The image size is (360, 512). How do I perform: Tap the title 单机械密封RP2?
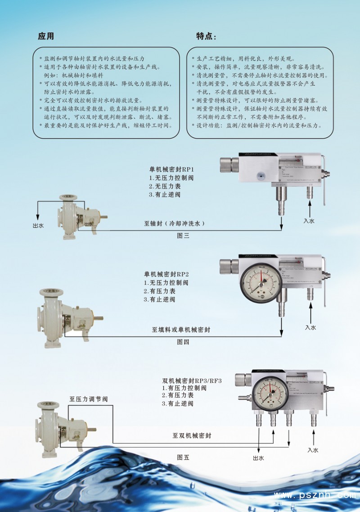[x=166, y=274]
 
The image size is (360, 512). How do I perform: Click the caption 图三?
[x=183, y=236]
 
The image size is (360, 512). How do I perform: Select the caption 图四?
[x=183, y=342]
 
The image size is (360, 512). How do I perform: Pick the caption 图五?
[x=183, y=457]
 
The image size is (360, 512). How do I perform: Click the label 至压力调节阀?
[x=89, y=399]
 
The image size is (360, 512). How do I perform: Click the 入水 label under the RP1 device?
[x=309, y=221]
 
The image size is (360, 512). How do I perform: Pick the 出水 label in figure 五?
[x=258, y=458]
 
